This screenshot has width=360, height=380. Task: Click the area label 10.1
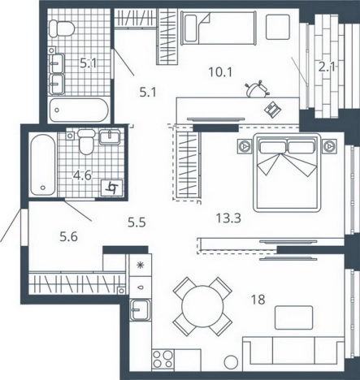(220, 72)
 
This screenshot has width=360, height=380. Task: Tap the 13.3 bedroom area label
(228, 218)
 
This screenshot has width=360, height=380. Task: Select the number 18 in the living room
(258, 300)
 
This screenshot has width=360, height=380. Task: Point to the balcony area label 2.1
(327, 67)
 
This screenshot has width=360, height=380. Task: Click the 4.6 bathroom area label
(83, 175)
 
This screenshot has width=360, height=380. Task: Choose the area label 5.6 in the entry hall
(68, 237)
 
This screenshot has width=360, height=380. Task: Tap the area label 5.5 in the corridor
(137, 222)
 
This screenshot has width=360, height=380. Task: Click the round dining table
(202, 306)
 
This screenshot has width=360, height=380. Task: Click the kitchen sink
(140, 310)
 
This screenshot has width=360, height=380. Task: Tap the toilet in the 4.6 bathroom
(86, 141)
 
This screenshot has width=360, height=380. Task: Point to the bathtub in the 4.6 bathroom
(43, 165)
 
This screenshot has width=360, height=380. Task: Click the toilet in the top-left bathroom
(62, 28)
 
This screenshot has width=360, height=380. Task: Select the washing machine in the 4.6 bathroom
(112, 188)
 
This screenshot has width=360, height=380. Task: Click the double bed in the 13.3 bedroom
(287, 173)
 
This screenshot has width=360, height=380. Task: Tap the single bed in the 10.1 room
(219, 28)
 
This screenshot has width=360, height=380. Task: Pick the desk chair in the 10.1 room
(257, 89)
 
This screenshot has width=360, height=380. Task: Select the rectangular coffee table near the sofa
(294, 317)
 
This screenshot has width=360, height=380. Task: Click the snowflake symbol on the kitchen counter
(141, 265)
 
